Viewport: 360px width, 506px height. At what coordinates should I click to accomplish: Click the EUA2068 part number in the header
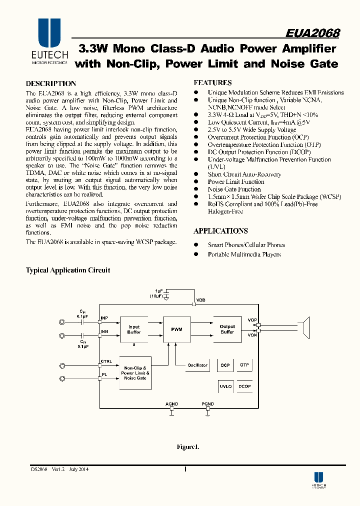(x=312, y=33)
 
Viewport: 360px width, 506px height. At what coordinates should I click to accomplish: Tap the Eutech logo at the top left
(x=49, y=42)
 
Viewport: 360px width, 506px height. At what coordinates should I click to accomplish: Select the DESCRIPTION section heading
(x=51, y=83)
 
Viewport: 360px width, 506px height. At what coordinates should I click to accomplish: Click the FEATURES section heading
(x=212, y=82)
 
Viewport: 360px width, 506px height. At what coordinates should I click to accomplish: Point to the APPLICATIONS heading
(x=220, y=231)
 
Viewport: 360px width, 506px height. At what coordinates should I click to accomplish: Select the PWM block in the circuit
(x=177, y=329)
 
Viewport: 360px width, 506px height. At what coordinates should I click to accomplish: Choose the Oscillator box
(x=197, y=365)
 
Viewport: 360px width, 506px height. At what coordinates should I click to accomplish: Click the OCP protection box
(x=225, y=365)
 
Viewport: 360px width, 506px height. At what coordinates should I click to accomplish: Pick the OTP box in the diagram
(x=244, y=365)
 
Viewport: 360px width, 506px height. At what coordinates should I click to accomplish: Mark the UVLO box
(x=225, y=386)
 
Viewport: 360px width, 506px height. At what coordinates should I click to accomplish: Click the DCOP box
(x=244, y=386)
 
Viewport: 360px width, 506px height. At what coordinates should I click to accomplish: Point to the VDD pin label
(x=200, y=300)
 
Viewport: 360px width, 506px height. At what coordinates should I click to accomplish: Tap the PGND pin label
(x=207, y=403)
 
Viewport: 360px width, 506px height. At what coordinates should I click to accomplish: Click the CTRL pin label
(x=106, y=361)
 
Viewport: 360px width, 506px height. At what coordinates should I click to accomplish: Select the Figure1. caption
(x=188, y=446)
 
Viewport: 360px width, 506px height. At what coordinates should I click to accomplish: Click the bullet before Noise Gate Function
(x=196, y=189)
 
